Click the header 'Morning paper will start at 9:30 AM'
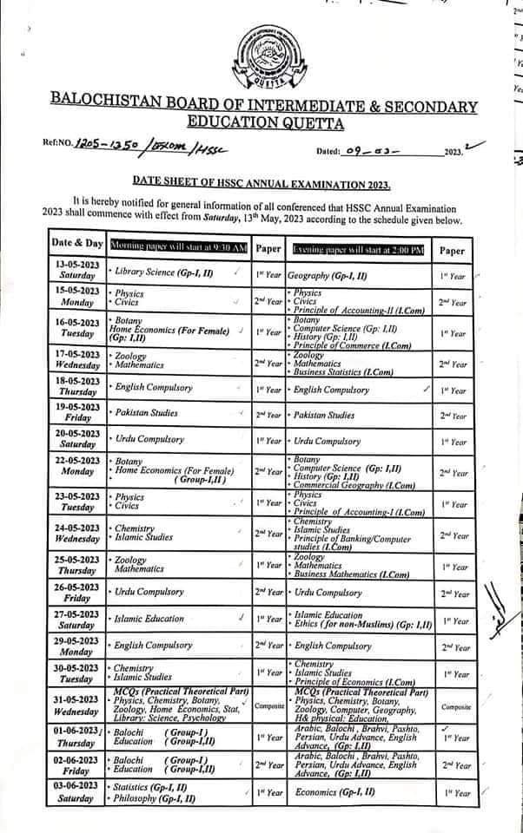point(178,248)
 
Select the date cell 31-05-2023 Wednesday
point(76,705)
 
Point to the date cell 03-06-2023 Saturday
point(76,791)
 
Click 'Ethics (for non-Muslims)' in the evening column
point(355,624)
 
